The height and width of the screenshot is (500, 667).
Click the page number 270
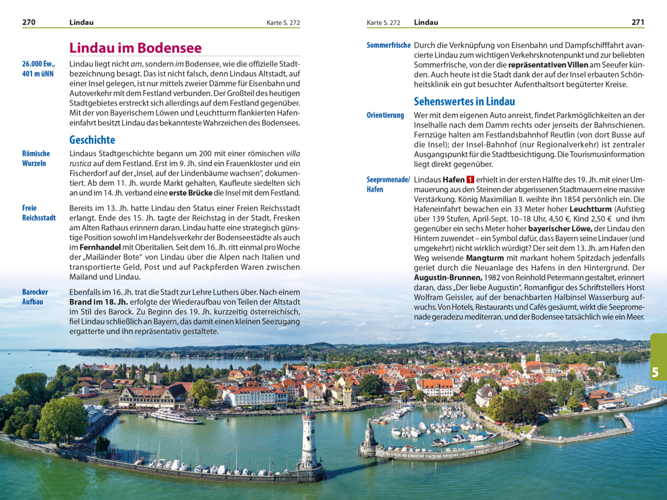(x=29, y=22)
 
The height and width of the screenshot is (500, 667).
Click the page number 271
(x=637, y=22)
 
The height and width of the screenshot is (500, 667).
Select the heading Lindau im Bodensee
(x=135, y=48)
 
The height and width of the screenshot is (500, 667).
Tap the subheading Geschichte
(x=92, y=140)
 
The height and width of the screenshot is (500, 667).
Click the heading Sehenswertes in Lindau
(x=464, y=101)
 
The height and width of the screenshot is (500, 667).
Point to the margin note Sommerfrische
(x=388, y=45)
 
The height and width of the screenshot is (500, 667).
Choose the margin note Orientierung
(x=385, y=115)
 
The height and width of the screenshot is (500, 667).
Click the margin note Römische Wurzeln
(x=36, y=158)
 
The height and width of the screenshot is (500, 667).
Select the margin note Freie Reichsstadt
(x=39, y=213)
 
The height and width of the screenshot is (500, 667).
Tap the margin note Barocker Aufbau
(x=35, y=297)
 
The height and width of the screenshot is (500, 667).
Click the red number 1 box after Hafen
(x=470, y=179)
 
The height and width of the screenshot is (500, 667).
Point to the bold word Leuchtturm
(x=590, y=209)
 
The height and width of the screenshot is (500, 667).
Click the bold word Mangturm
(x=484, y=258)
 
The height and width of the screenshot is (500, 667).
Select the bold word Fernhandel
(x=100, y=247)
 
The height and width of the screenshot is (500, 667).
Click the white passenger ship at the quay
(x=175, y=416)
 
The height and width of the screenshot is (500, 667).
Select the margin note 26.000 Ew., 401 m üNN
(x=39, y=69)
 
